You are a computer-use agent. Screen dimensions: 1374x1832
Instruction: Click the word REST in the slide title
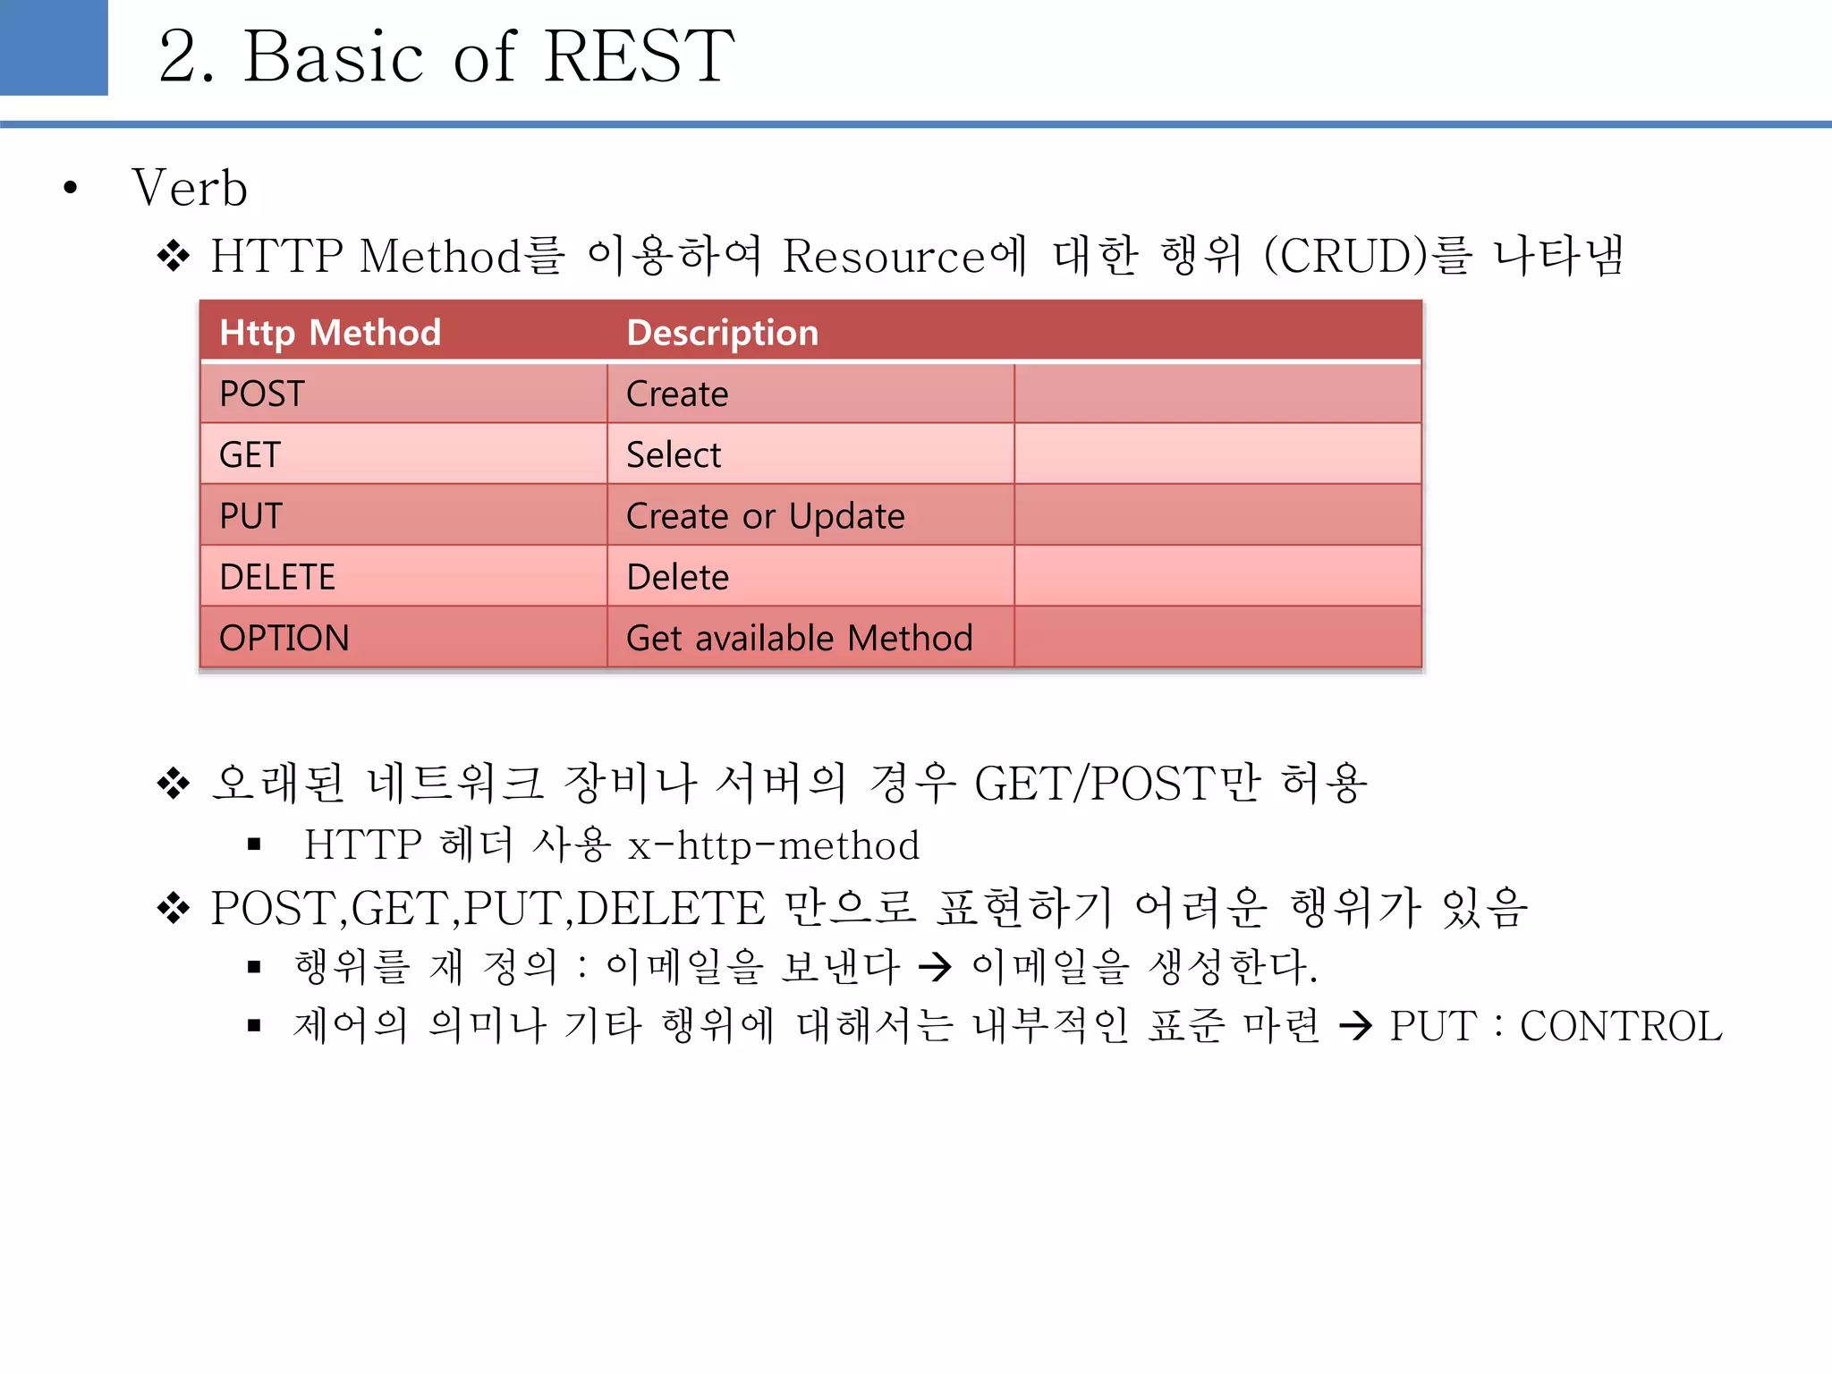tap(639, 56)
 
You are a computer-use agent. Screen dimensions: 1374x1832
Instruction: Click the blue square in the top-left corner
tap(54, 47)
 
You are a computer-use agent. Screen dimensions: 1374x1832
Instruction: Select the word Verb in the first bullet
tap(190, 189)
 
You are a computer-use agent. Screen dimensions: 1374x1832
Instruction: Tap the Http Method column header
tap(330, 333)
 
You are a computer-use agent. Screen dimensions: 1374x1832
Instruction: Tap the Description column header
tap(722, 333)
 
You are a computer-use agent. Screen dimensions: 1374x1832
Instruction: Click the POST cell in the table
tap(262, 394)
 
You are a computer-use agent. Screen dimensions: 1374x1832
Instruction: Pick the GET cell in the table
tap(250, 454)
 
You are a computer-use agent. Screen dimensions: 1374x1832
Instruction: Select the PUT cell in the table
tap(250, 516)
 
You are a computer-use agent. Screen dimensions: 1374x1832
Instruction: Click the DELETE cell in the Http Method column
tap(277, 577)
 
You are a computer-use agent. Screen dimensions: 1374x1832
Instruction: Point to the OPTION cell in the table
tap(284, 638)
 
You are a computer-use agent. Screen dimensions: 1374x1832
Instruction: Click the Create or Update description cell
tap(765, 516)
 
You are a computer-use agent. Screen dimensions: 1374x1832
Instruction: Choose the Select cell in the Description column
tap(673, 454)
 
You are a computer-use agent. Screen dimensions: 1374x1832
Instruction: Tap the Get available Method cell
tap(799, 638)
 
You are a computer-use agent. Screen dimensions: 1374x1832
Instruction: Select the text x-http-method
tap(774, 845)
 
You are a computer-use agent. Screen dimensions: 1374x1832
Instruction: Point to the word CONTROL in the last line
tap(1620, 1026)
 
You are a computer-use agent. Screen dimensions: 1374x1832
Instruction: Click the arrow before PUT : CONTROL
tap(1356, 1026)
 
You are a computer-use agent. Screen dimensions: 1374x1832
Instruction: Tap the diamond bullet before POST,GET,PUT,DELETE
tap(174, 909)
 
